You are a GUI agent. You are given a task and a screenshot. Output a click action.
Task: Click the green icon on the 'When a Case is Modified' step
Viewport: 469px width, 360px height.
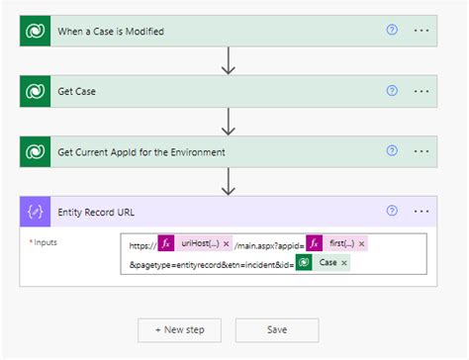click(x=37, y=31)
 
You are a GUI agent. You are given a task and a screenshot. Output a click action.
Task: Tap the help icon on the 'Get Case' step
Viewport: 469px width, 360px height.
click(x=392, y=91)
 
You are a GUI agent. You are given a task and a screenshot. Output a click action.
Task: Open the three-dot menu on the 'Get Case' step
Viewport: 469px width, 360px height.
click(x=422, y=91)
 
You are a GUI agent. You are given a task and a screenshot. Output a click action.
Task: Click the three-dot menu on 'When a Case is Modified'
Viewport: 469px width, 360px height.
click(x=422, y=31)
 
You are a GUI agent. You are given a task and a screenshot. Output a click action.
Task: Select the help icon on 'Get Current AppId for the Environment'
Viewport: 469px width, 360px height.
click(x=392, y=151)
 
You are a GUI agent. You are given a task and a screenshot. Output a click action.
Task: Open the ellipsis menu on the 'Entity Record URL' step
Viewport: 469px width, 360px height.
click(x=422, y=211)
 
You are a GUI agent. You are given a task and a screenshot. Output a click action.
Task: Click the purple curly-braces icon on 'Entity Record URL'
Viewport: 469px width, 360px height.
click(x=37, y=212)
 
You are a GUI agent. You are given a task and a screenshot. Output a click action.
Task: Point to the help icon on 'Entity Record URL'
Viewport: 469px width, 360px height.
click(x=392, y=211)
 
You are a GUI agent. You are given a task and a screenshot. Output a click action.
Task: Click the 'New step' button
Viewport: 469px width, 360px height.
click(x=180, y=328)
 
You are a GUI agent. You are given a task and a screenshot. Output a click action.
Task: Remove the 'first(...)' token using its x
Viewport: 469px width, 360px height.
click(x=361, y=243)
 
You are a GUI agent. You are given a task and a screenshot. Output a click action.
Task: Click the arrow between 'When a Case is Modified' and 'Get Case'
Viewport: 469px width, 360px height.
click(x=229, y=61)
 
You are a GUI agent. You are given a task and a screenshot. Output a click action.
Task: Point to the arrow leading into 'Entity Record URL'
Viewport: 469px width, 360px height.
click(x=229, y=181)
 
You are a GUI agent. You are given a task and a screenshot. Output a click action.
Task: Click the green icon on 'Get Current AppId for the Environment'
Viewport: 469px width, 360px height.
click(x=37, y=151)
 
